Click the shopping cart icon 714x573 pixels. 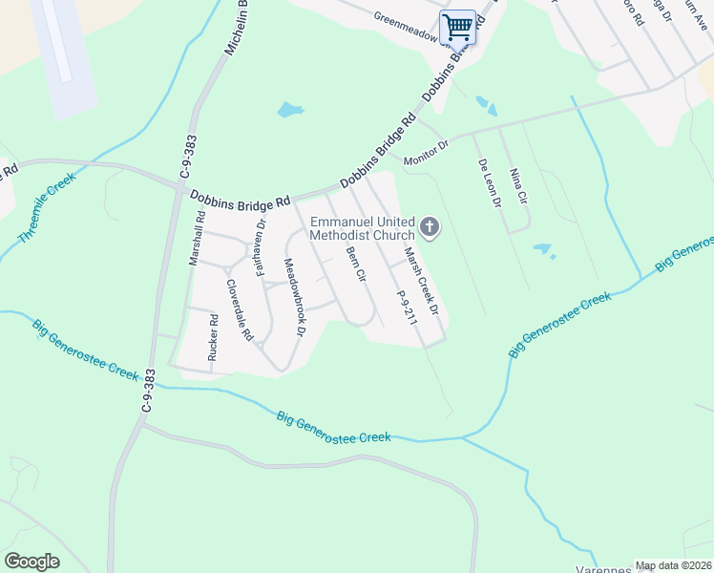[x=457, y=27]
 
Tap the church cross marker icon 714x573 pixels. [x=430, y=226]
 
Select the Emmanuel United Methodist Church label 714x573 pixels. [x=363, y=228]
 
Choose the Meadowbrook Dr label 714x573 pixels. [x=293, y=298]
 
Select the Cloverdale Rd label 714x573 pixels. [x=239, y=310]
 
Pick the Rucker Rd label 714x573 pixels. [x=212, y=338]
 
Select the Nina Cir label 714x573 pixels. [x=518, y=186]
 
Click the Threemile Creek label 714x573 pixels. [x=46, y=207]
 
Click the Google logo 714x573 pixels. [x=32, y=562]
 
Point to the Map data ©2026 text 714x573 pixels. [x=673, y=565]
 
